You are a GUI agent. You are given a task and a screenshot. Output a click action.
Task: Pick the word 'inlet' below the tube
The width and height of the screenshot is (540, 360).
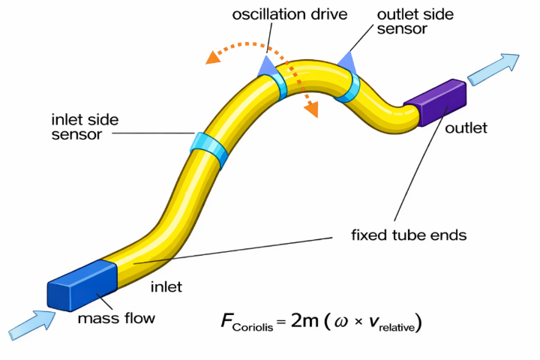(x=168, y=286)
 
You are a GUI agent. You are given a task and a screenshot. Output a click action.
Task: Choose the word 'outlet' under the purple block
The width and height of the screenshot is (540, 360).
(x=466, y=128)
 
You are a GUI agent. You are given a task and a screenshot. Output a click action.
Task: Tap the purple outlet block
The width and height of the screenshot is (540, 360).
(x=435, y=102)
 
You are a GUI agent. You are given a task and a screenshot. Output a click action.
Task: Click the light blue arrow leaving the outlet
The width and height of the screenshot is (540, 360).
(x=494, y=67)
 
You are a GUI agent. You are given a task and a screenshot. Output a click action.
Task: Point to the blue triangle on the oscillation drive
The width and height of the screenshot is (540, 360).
(x=266, y=65)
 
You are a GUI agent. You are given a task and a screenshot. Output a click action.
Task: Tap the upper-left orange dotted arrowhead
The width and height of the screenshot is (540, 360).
(x=214, y=55)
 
